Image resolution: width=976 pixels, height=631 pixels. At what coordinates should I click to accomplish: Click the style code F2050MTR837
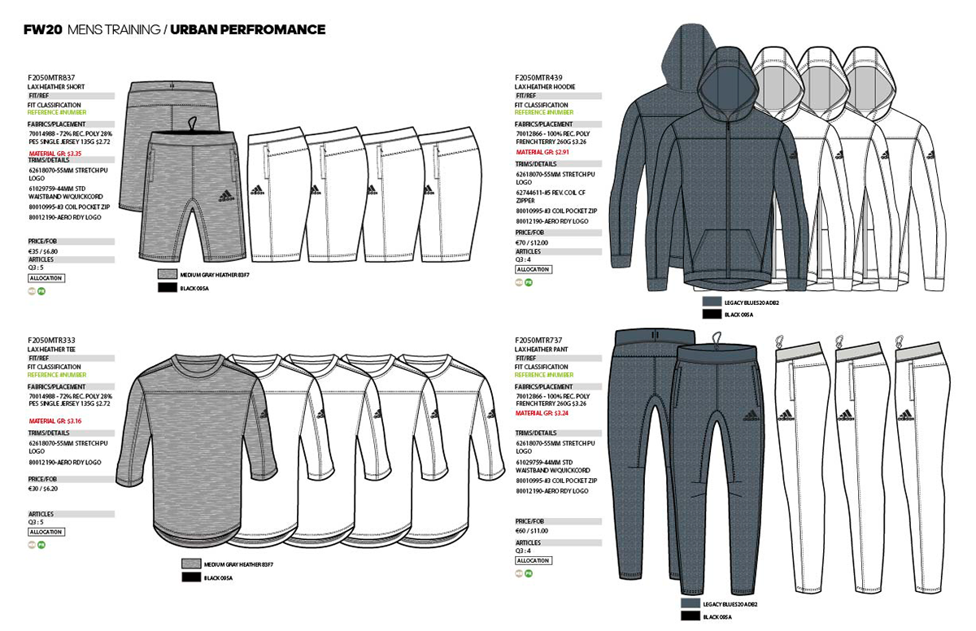[x=51, y=77]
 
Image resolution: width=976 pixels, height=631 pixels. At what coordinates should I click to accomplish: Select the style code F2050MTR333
[x=50, y=339]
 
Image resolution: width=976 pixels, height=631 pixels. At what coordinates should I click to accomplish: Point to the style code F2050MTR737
[x=538, y=340]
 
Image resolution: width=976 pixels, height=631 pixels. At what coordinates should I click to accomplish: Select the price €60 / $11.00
[x=532, y=530]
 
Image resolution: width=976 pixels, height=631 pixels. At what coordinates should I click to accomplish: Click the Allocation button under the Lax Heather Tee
[x=46, y=532]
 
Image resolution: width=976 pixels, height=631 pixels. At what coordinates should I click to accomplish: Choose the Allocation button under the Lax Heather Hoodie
[x=534, y=269]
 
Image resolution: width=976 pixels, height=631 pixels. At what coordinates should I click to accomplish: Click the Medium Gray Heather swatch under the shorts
[x=168, y=275]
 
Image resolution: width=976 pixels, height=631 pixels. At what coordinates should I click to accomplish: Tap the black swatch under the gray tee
[x=191, y=577]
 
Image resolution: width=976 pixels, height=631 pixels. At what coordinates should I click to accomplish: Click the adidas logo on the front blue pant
[x=753, y=416]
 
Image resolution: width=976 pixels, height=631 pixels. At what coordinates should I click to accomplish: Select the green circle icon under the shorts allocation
[x=41, y=290]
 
